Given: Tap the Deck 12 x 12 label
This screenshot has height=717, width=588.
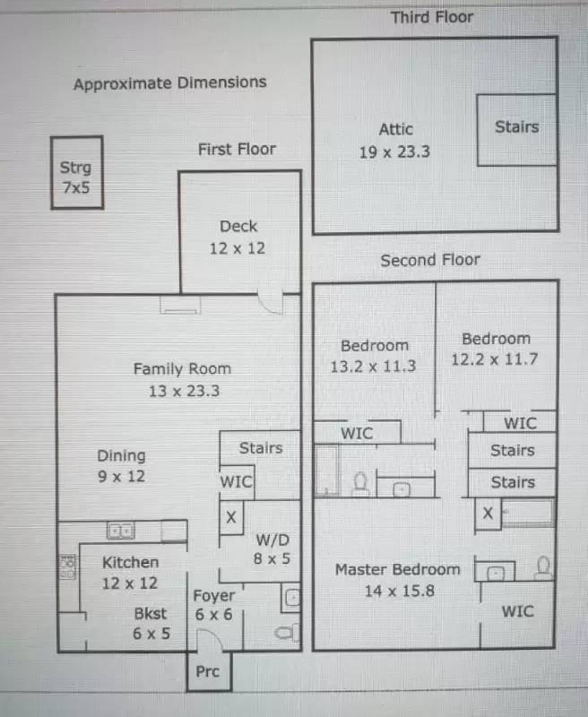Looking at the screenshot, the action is (x=238, y=238).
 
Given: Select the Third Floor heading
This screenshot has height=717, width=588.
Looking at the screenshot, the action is (x=432, y=17).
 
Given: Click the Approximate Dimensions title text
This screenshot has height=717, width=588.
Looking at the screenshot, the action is (x=170, y=83).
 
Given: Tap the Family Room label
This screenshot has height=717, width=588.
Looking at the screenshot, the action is (x=182, y=368).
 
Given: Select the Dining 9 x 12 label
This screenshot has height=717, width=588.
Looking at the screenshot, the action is (x=121, y=465).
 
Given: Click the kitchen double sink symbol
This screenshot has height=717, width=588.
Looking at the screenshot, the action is (x=120, y=531).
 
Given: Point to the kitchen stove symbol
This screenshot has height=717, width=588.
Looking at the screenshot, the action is (x=67, y=566).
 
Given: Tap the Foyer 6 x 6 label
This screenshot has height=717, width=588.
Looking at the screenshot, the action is (x=213, y=605).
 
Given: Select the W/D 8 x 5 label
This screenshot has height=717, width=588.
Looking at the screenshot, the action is (x=272, y=549).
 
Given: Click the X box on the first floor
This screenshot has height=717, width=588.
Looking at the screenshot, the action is (x=231, y=517).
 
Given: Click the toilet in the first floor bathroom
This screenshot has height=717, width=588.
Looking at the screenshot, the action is (x=286, y=633).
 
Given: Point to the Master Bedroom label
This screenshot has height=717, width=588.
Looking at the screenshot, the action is (x=398, y=570).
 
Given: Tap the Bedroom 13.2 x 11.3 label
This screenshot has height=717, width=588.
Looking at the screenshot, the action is (x=374, y=356).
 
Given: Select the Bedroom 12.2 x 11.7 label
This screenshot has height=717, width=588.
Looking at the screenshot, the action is (x=495, y=349).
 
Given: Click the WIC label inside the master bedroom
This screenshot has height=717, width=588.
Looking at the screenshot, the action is (x=517, y=611).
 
